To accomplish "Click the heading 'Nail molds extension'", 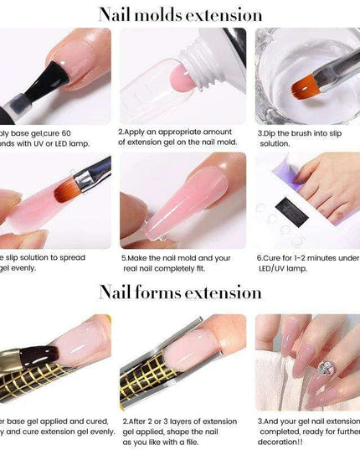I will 180,14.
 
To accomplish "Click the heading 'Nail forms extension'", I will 180,292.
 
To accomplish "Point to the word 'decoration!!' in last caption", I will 285,443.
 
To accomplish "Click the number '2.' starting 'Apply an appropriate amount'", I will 121,132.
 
